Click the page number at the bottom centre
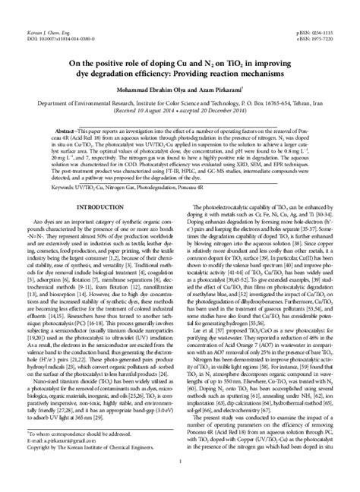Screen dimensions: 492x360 coord(180,482)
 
